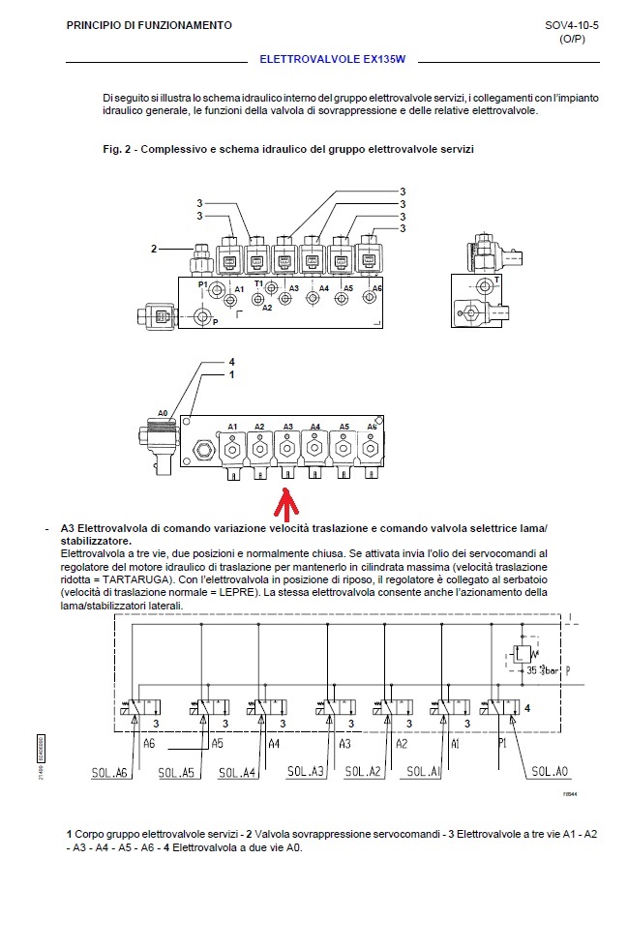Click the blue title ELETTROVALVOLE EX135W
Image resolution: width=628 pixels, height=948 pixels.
click(332, 59)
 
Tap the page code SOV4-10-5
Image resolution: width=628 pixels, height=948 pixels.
click(572, 25)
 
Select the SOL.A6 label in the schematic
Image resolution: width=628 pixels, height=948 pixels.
click(109, 773)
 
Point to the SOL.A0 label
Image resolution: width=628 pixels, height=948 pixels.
click(550, 772)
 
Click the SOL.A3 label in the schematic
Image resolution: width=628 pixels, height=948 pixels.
click(306, 772)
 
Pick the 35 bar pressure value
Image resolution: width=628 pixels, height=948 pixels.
click(542, 669)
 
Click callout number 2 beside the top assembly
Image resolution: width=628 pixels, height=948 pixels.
click(154, 249)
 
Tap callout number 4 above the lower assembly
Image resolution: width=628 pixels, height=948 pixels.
click(231, 362)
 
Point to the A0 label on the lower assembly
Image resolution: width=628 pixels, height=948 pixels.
click(163, 413)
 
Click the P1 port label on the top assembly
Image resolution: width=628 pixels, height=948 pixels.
click(203, 284)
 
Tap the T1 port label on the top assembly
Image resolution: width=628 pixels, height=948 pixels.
click(258, 283)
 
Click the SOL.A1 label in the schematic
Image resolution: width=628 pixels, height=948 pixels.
click(424, 772)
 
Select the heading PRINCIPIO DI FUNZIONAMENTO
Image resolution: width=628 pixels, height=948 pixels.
click(149, 25)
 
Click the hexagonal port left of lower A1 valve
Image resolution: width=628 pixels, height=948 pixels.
click(201, 450)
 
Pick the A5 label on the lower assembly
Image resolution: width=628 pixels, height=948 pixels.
click(344, 427)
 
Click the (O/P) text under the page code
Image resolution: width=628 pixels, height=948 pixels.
click(572, 40)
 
